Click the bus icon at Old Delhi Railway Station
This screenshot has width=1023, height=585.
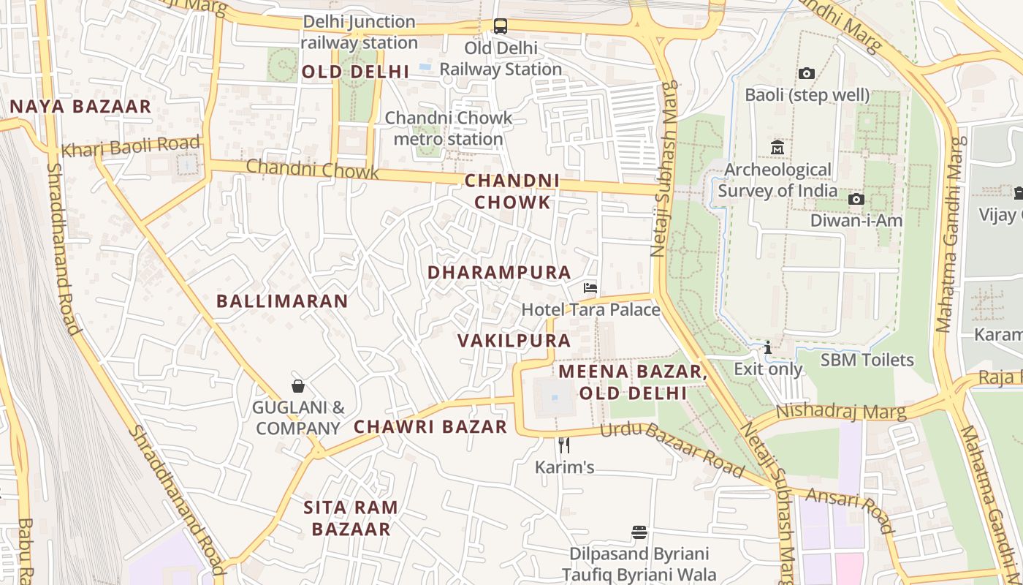click(x=501, y=26)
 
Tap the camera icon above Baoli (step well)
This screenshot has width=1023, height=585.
click(x=807, y=73)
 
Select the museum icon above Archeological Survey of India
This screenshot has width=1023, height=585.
click(x=777, y=148)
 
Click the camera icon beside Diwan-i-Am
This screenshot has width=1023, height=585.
click(x=856, y=199)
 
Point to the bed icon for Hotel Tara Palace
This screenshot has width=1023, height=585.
click(x=590, y=288)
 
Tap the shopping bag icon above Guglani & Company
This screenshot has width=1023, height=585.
click(x=298, y=385)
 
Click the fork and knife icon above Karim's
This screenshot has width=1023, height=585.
click(x=563, y=445)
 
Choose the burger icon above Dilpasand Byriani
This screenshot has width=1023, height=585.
click(x=639, y=532)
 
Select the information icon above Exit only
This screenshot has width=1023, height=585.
click(x=767, y=347)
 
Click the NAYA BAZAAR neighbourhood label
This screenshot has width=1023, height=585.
click(x=80, y=107)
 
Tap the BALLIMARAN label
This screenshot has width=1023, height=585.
click(x=282, y=301)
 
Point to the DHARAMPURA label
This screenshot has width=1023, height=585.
click(x=499, y=273)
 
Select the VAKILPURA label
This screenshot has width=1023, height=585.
click(x=514, y=341)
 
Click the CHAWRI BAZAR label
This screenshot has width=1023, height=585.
click(x=430, y=427)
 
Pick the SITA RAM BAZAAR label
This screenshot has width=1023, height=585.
click(x=351, y=518)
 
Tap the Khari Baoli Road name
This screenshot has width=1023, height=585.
click(x=130, y=146)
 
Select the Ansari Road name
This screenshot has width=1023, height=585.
click(x=850, y=511)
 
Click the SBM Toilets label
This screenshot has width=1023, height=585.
click(x=867, y=360)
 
